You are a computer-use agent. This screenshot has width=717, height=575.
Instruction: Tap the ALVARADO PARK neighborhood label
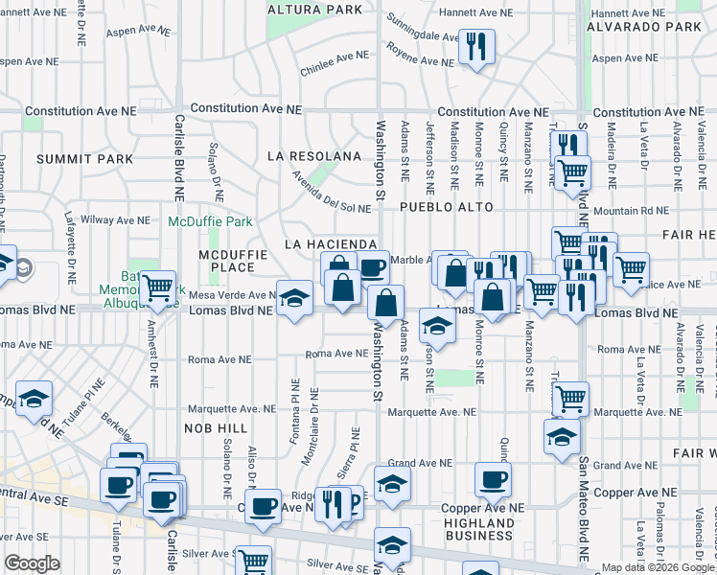pyautogui.click(x=660, y=27)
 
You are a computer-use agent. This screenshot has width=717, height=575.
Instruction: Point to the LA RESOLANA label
pyautogui.click(x=314, y=155)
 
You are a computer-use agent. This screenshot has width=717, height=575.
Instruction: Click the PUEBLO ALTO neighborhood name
pyautogui.click(x=447, y=207)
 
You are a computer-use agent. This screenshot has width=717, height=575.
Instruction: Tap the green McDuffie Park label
pyautogui.click(x=210, y=221)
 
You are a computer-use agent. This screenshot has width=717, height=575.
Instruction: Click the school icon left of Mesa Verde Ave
pyautogui.click(x=295, y=298)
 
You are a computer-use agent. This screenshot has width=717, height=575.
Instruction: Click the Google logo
pyautogui.click(x=33, y=563)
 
